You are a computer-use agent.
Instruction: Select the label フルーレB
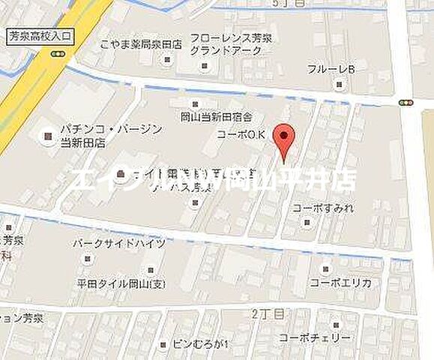click(331, 70)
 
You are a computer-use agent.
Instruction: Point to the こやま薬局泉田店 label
click(141, 44)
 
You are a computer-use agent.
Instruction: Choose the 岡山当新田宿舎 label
click(216, 116)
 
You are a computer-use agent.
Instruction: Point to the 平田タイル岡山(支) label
click(123, 284)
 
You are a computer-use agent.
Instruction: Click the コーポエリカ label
click(346, 284)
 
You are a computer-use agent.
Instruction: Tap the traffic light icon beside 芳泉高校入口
click(58, 54)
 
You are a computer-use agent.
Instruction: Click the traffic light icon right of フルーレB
click(406, 103)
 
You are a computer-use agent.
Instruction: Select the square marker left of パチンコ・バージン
click(48, 136)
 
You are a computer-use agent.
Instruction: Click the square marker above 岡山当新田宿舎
click(195, 103)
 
